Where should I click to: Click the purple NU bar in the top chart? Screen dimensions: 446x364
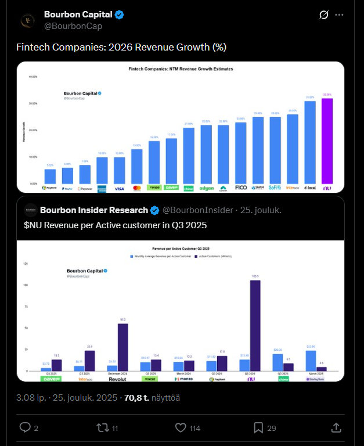327,141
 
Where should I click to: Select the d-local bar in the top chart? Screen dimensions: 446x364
310,142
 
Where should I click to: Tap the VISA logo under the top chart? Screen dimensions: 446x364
119,188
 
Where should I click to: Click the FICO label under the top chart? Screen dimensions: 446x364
241,188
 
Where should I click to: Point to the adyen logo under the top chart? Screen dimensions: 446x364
206,188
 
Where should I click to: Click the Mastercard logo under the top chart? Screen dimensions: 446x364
137,188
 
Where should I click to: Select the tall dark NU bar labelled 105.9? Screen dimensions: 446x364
255,325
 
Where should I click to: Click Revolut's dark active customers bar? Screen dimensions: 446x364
122,347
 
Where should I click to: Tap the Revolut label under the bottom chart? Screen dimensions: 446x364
117,379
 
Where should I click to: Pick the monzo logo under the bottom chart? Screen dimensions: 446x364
183,379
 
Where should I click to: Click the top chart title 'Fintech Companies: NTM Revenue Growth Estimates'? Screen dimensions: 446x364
181,69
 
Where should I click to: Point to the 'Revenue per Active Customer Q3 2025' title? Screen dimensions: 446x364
181,247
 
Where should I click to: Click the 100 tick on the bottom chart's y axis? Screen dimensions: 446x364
25,285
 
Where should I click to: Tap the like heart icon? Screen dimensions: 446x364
181,428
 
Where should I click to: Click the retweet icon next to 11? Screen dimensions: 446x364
102,428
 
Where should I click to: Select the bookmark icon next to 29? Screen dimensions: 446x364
258,428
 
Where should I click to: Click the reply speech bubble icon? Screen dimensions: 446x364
25,428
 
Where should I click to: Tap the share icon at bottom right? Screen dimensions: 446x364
336,428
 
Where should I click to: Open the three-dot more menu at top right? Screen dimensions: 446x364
340,15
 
